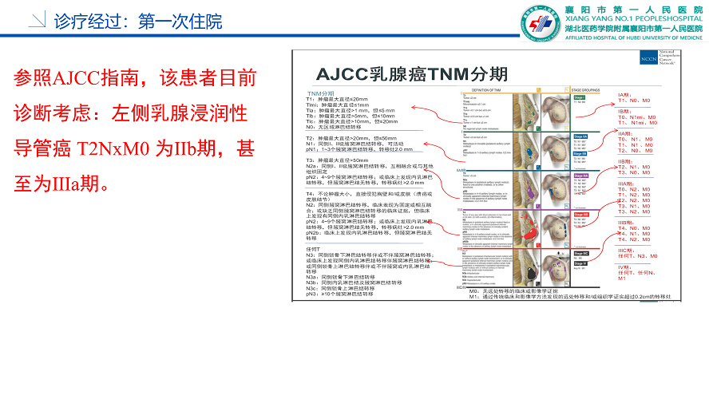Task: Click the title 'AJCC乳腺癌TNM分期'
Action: (411, 74)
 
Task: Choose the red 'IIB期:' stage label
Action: (628, 161)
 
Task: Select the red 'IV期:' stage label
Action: (625, 267)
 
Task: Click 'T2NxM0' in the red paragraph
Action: (108, 148)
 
